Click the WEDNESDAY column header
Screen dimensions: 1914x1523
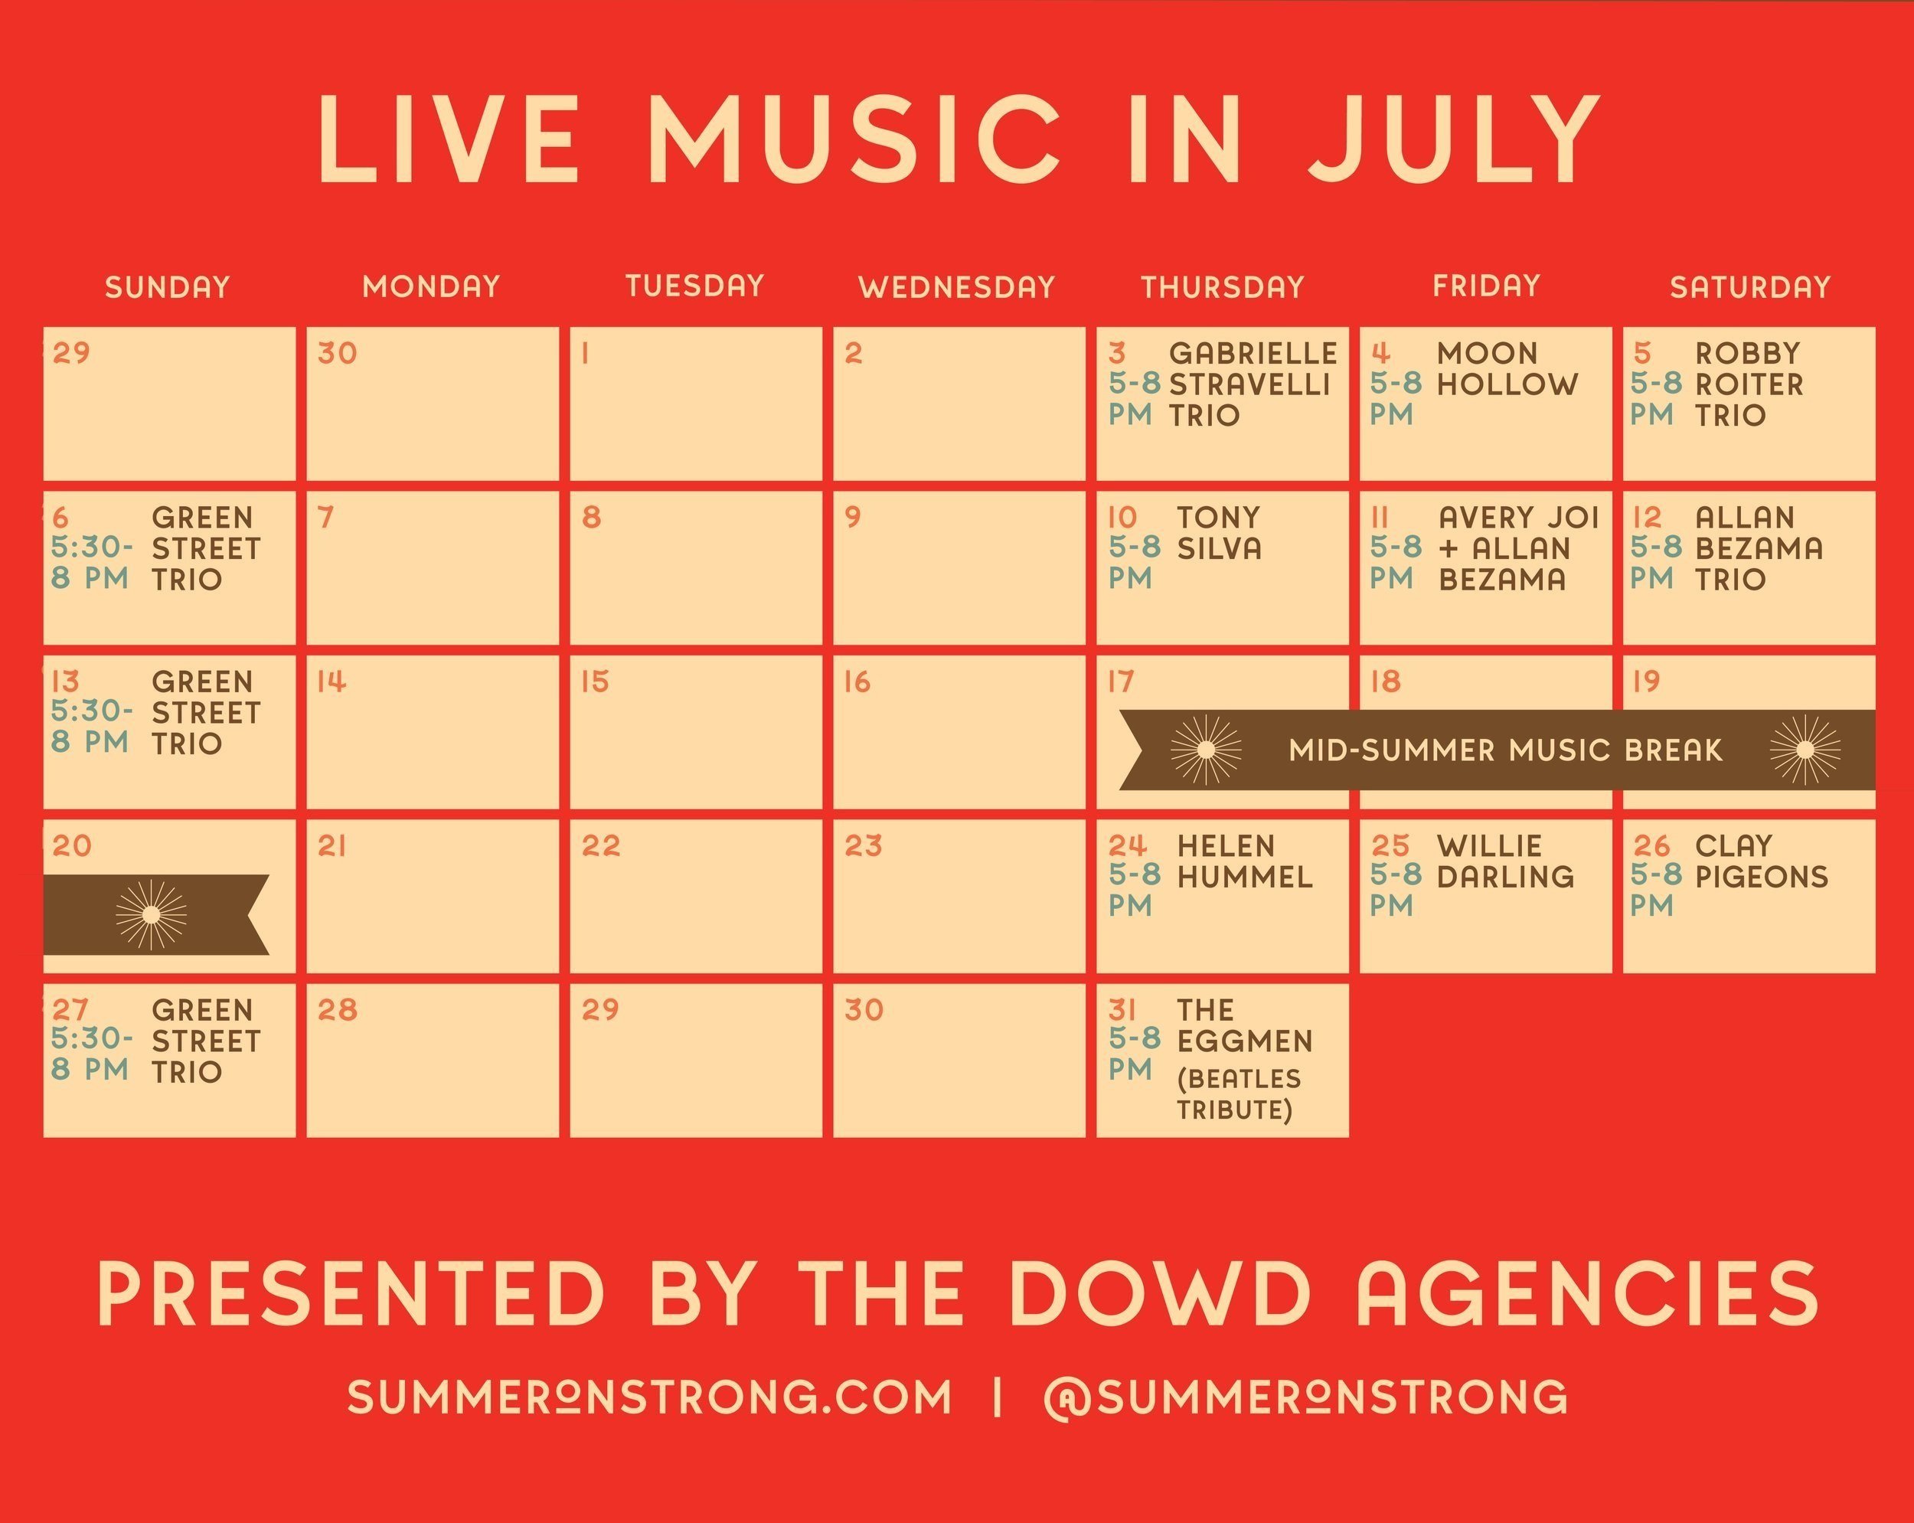(x=957, y=287)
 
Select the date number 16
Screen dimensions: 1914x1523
(x=857, y=681)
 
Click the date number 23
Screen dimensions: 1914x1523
(x=864, y=845)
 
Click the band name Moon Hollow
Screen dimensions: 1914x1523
(x=1507, y=368)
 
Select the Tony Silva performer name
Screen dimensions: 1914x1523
(x=1219, y=533)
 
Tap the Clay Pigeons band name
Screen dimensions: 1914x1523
(x=1762, y=861)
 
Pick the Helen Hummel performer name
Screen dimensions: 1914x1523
(x=1245, y=861)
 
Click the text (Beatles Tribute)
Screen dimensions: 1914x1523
(x=1239, y=1094)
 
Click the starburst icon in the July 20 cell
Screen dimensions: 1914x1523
(x=152, y=915)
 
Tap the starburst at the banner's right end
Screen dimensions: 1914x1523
(x=1805, y=750)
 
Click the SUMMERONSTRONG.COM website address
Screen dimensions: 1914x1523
(x=649, y=1397)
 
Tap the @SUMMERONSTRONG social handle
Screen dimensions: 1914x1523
(x=1306, y=1397)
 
